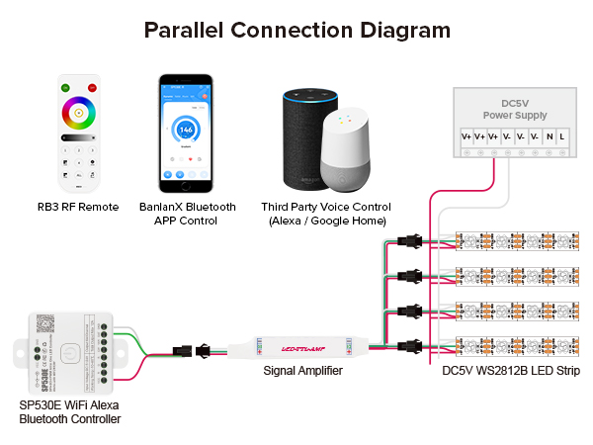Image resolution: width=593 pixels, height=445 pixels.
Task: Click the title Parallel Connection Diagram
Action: tap(296, 30)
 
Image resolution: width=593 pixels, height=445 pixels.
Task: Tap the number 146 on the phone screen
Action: tap(186, 130)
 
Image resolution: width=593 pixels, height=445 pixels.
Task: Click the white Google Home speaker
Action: tap(347, 153)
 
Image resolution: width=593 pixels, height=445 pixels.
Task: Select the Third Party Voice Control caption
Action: tap(324, 214)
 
